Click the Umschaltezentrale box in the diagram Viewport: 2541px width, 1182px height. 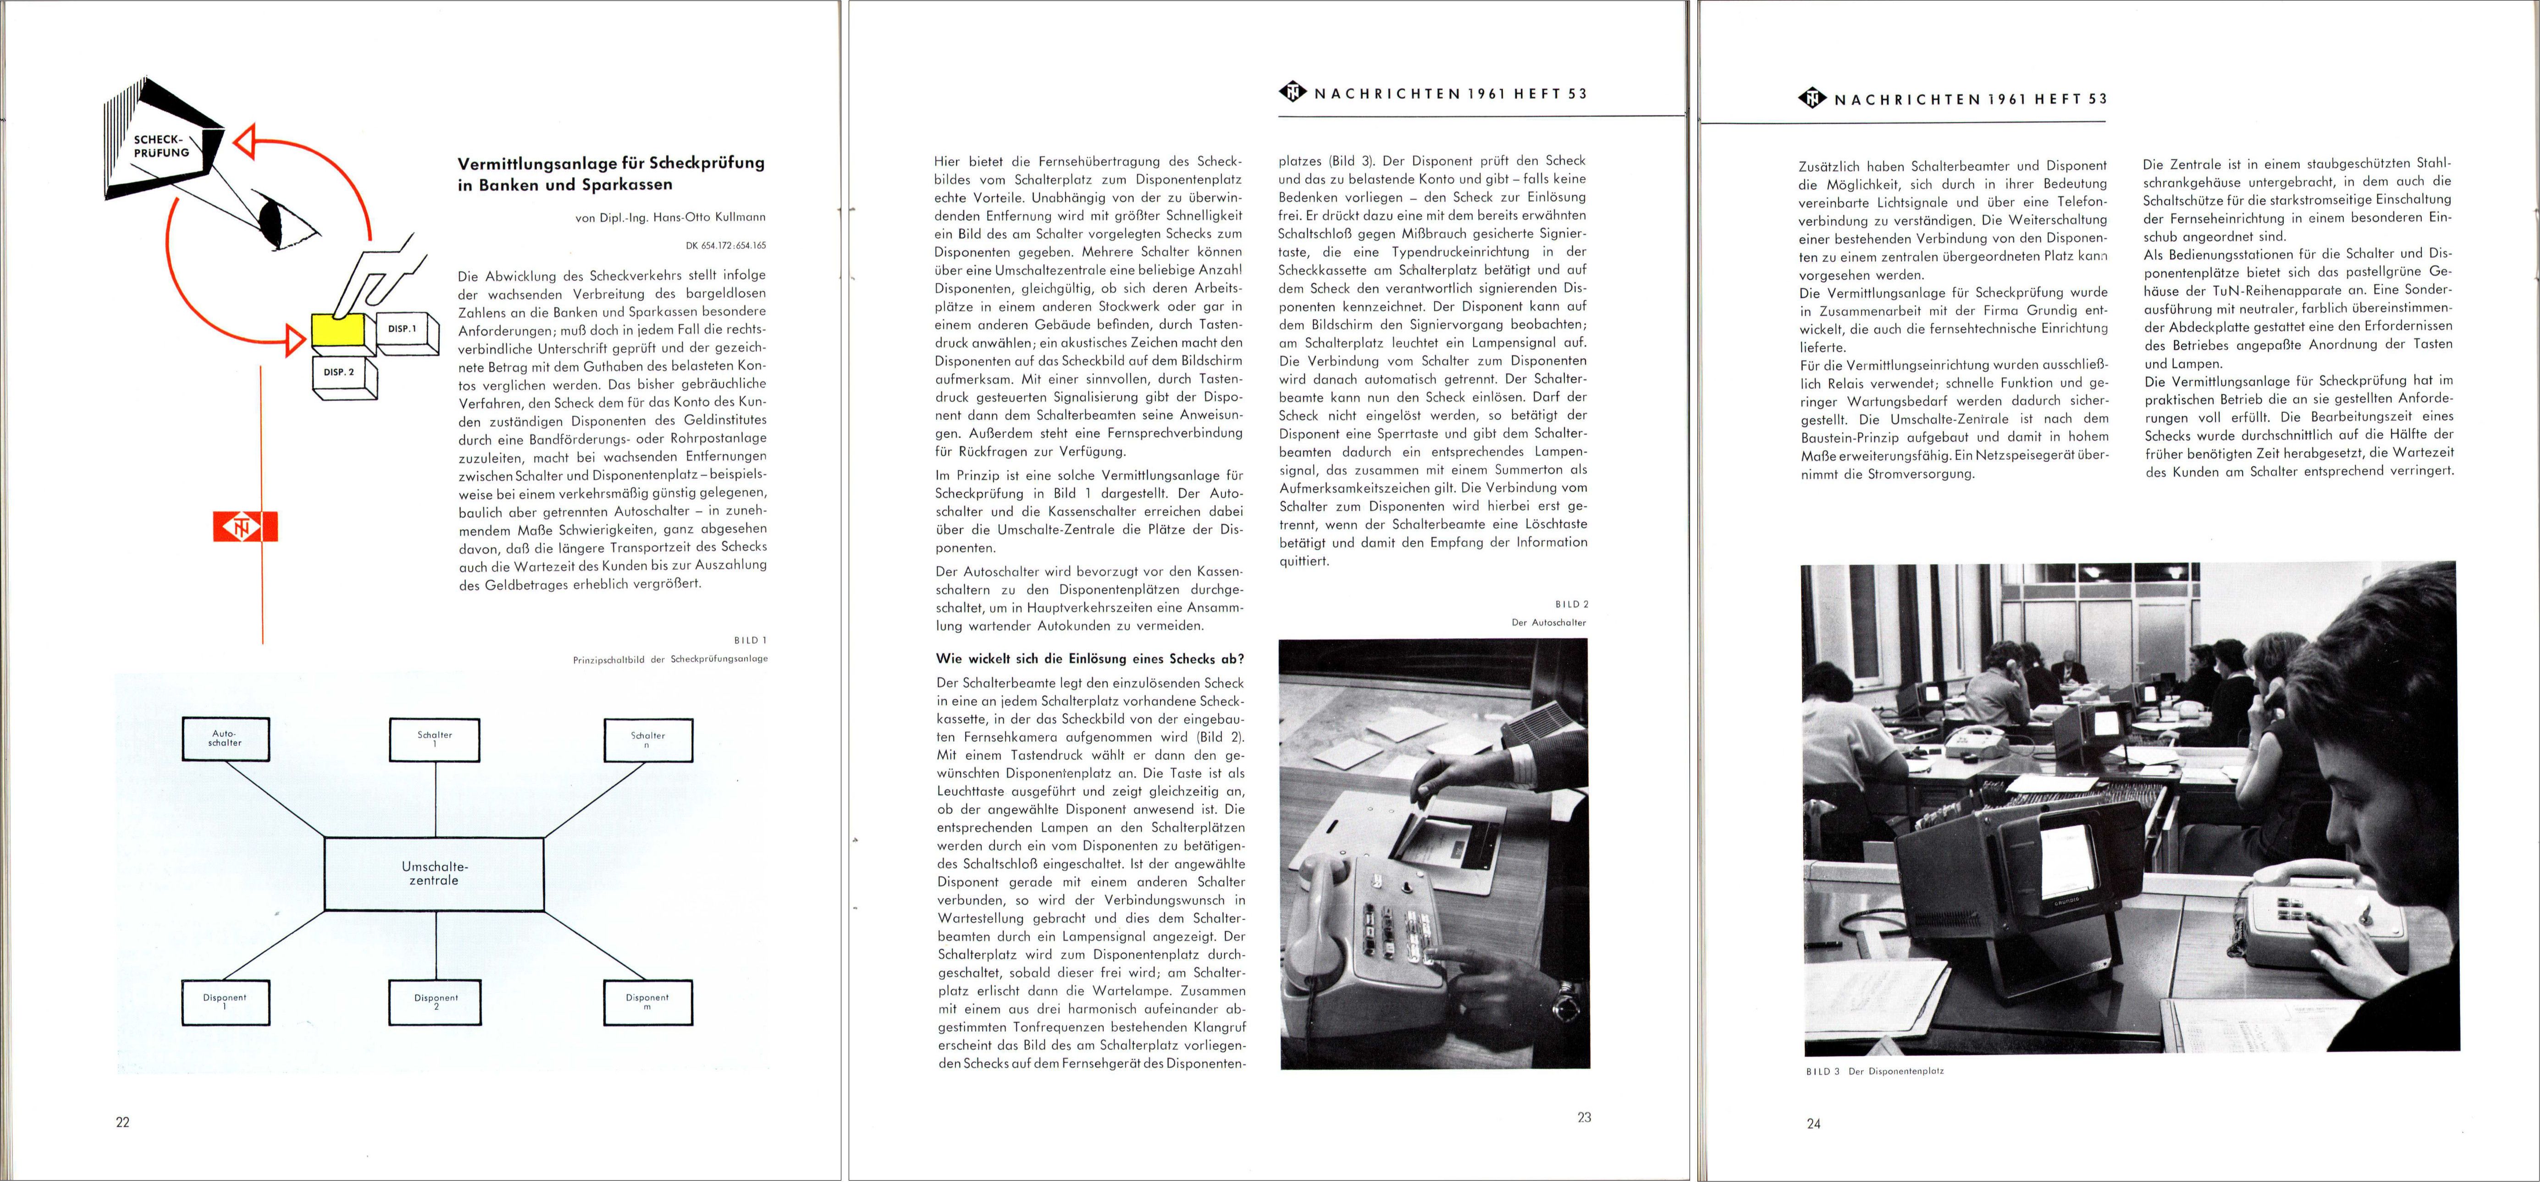tap(434, 873)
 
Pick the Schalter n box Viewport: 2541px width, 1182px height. tap(648, 740)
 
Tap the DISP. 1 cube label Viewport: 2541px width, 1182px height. tap(403, 329)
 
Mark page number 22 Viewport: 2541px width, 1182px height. tap(122, 1122)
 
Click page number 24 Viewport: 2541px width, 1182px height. tap(1813, 1123)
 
